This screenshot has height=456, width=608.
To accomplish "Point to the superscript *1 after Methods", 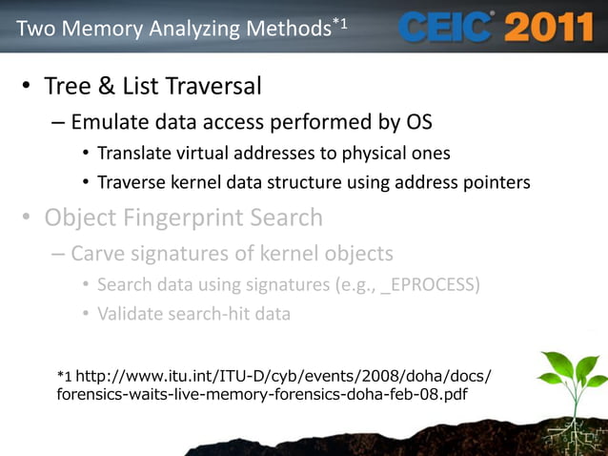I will tap(340, 22).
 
